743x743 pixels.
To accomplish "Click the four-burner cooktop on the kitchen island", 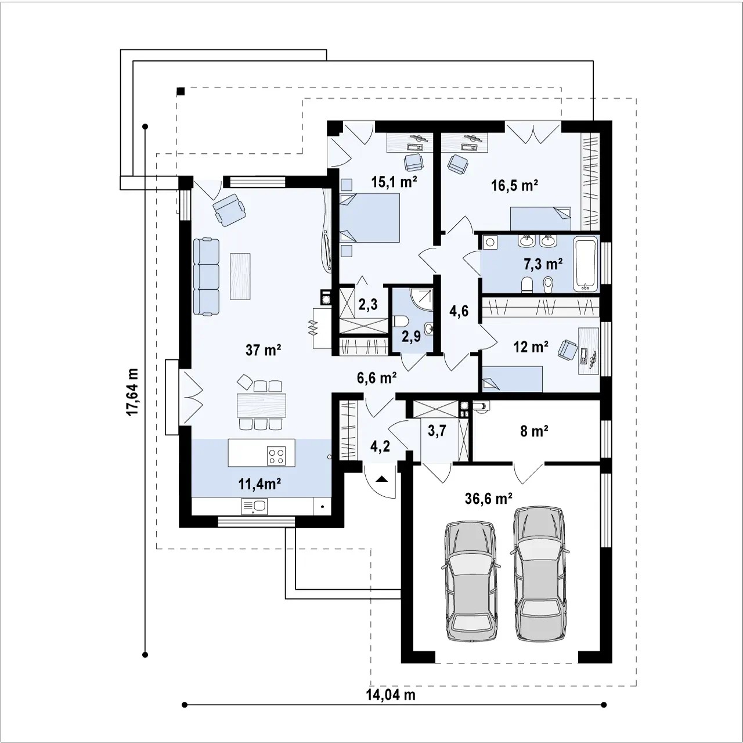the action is point(276,455).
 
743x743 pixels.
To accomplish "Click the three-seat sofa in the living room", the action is point(206,277).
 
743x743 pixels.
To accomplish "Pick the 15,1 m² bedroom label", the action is point(394,182).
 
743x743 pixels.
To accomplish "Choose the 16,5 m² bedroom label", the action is point(514,186).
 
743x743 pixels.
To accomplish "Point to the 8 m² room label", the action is point(534,431).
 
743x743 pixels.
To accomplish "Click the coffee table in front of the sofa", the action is point(240,276).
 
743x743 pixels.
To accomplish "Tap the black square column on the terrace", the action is point(181,91).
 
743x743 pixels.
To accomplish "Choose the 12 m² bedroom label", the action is point(531,347).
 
